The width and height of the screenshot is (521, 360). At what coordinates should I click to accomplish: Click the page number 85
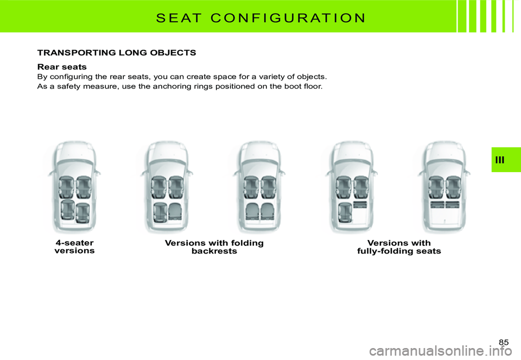coord(504,342)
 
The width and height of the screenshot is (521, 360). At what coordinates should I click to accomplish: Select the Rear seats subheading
coord(62,67)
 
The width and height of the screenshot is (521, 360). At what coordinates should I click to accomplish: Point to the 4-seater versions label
coord(74,247)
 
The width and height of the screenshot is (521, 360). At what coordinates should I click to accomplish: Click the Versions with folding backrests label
coord(214,247)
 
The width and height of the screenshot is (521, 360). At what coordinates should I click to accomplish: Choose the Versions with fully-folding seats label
coord(399,247)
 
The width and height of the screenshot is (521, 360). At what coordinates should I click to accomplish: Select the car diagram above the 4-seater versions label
coord(74,187)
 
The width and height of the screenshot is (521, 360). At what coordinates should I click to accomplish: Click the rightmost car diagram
coord(444,187)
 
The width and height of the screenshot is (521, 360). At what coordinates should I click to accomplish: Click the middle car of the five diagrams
coord(259,187)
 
